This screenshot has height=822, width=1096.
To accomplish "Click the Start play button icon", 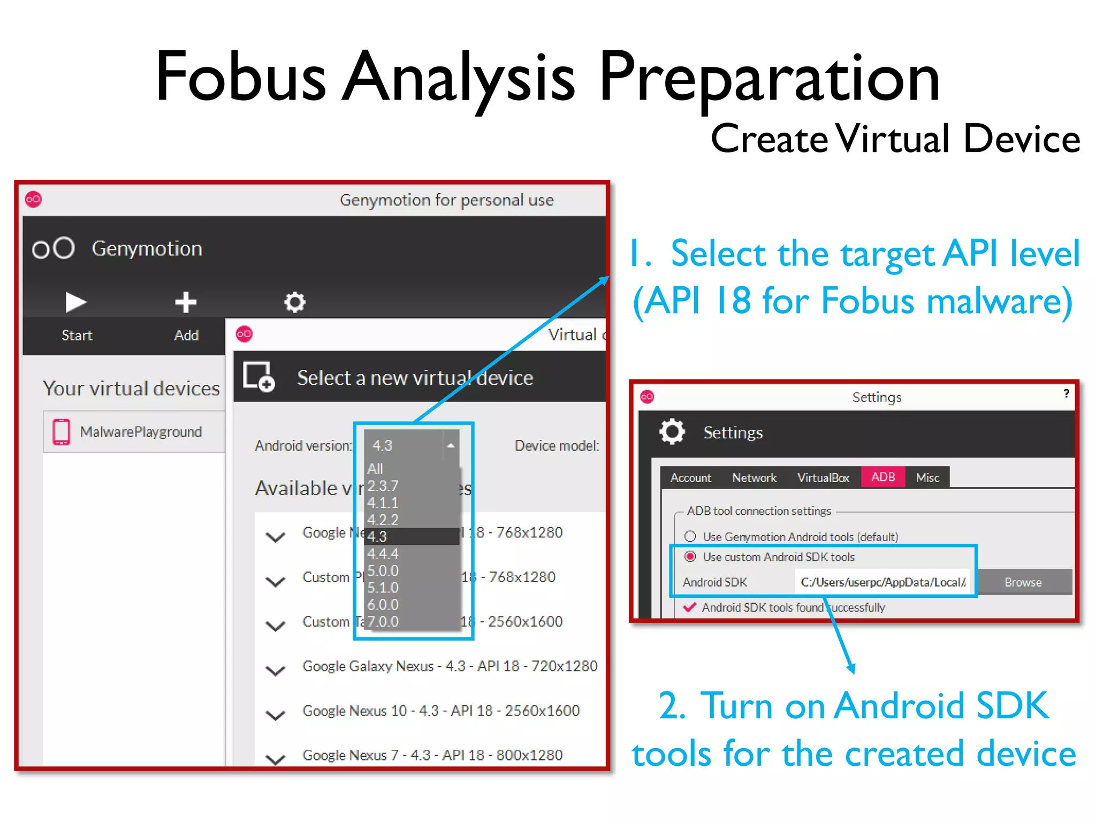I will (x=75, y=302).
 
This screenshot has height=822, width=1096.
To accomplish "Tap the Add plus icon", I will (x=186, y=302).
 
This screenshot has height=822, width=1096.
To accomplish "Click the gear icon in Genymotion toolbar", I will (x=294, y=302).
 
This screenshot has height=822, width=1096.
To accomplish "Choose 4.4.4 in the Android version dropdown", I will (x=383, y=553).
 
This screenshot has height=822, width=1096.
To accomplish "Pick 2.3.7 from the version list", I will (x=383, y=486).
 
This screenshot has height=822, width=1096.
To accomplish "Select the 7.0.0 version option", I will (x=383, y=621).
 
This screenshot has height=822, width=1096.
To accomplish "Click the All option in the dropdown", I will (x=376, y=469).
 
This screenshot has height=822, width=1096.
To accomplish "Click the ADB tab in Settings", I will (x=883, y=477).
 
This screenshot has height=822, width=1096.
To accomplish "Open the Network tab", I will (x=754, y=477).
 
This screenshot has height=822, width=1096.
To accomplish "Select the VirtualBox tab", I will (x=823, y=477).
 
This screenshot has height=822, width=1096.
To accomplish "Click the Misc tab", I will (x=927, y=477).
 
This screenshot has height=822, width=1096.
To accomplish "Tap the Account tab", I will (x=691, y=477).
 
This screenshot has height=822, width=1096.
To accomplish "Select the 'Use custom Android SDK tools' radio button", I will (x=690, y=557).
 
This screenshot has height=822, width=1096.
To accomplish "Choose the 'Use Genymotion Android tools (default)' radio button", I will (x=690, y=536).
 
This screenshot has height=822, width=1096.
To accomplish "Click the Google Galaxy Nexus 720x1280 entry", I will (x=450, y=666).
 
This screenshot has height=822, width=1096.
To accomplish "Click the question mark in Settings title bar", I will (x=1066, y=393).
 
